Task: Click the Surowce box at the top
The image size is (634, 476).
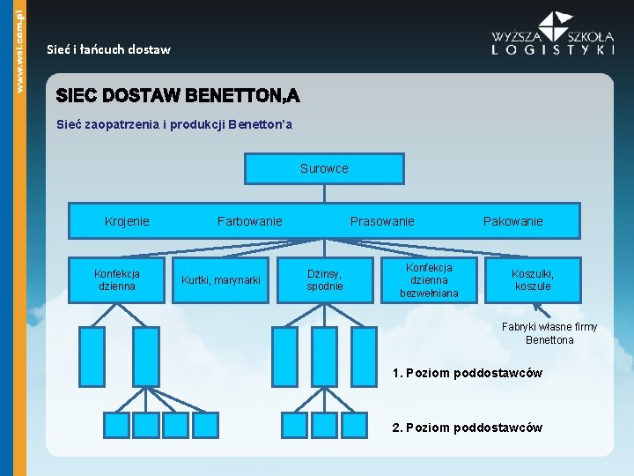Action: (324, 168)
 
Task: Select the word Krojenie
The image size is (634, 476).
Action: (127, 221)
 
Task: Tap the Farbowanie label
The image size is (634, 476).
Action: (250, 221)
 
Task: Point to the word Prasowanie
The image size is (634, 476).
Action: (382, 221)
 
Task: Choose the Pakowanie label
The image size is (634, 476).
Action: (513, 221)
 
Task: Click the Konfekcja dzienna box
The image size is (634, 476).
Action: (117, 280)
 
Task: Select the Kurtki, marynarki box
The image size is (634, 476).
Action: (221, 280)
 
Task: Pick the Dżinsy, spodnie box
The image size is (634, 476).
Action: (325, 280)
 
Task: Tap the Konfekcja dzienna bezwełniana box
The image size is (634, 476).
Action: (429, 280)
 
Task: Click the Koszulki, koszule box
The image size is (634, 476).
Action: (533, 280)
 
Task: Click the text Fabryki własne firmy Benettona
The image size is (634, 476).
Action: (549, 333)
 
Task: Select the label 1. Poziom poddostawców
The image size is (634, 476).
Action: (468, 373)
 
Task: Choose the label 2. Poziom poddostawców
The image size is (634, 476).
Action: (468, 428)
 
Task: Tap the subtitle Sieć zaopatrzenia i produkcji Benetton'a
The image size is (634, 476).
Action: (173, 124)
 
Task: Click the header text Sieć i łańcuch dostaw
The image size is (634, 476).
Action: (108, 50)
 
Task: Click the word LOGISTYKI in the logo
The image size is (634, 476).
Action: (553, 50)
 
